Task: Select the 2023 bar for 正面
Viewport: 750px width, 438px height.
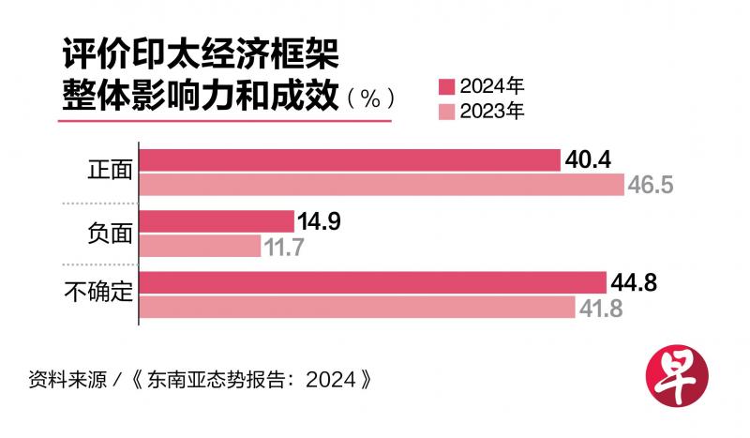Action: click(382, 184)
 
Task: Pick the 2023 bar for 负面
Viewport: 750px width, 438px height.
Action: click(201, 246)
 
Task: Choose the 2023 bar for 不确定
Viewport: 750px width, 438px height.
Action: click(357, 307)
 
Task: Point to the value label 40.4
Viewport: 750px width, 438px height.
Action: click(588, 160)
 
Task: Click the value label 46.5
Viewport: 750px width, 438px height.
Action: click(651, 185)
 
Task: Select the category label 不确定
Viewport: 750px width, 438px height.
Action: click(97, 295)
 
